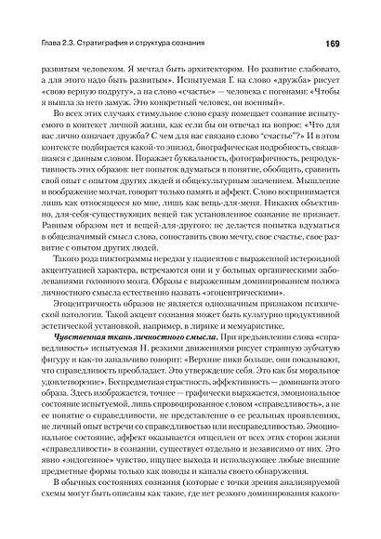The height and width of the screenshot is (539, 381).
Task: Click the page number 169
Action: tap(336, 44)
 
